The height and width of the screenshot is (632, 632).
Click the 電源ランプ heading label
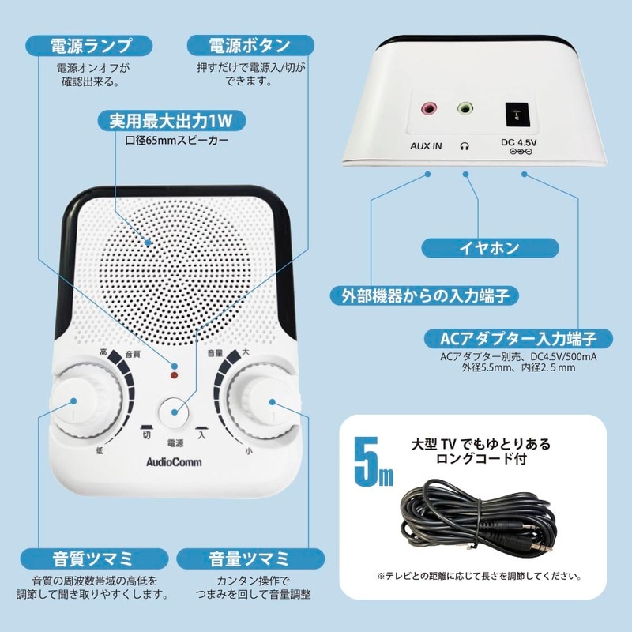pos(91,45)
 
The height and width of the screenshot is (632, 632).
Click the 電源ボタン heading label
pos(250,45)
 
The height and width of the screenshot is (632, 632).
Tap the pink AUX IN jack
pos(429,108)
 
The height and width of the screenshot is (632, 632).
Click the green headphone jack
pos(466,108)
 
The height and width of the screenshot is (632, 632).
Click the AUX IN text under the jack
pos(427,146)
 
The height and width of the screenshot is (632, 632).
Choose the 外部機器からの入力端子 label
pos(423,296)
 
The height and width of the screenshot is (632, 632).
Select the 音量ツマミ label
pos(248,559)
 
